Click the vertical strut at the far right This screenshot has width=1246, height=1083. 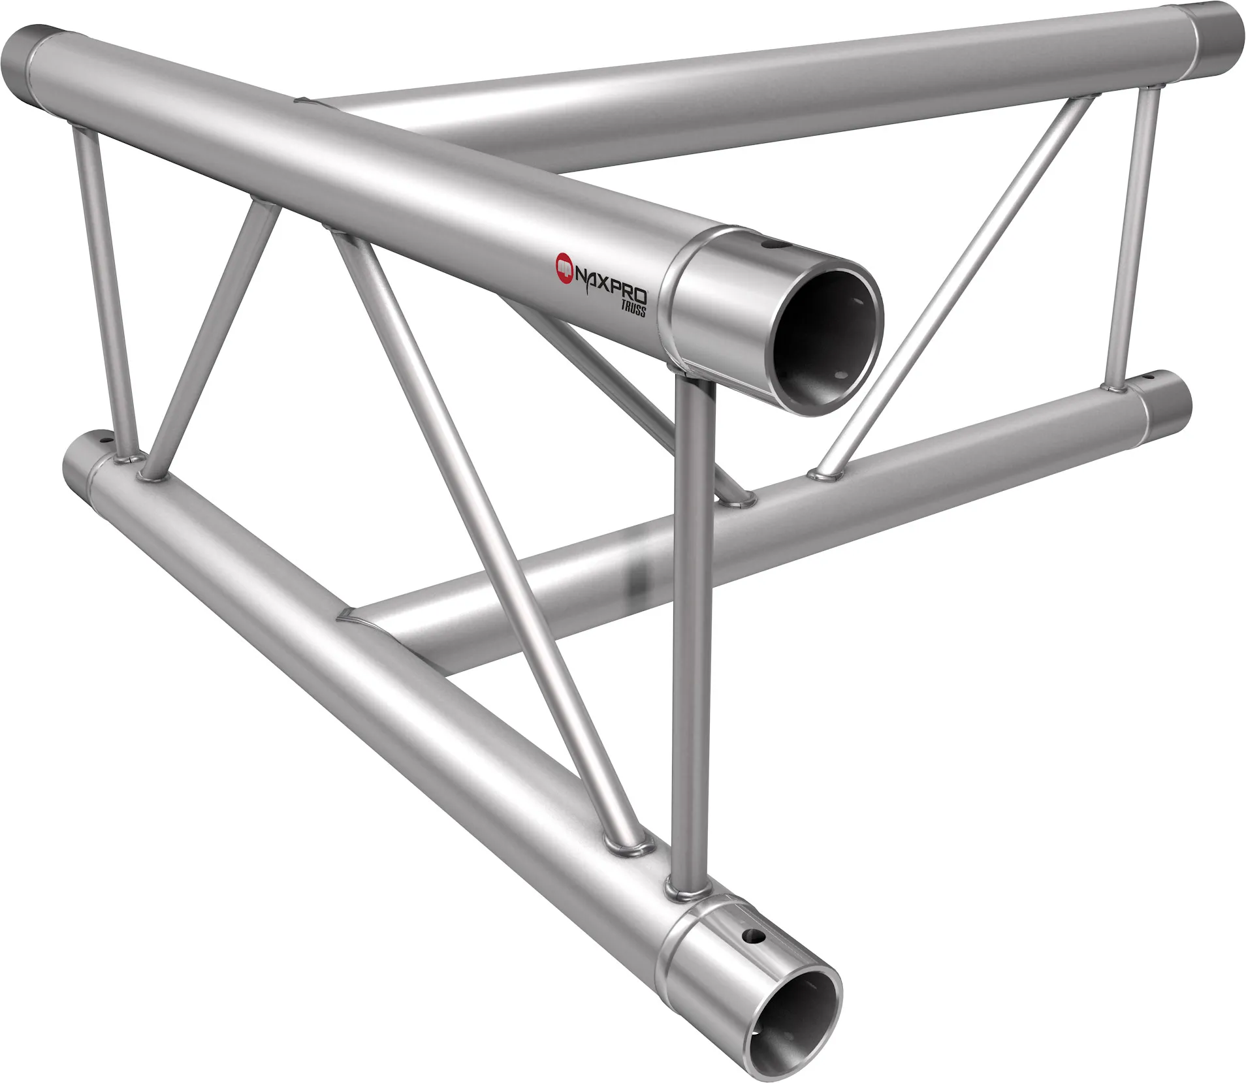point(1134,242)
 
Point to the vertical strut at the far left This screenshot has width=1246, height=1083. point(104,287)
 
